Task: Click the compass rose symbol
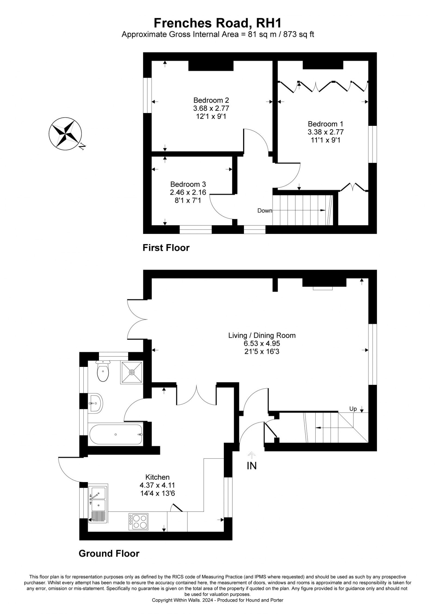(65, 133)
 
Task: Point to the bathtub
(116, 434)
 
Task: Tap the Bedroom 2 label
(211, 100)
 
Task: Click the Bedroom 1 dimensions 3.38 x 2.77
(325, 132)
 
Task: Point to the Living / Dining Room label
(262, 335)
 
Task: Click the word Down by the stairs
(265, 210)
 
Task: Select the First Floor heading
(166, 248)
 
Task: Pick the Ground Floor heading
(109, 553)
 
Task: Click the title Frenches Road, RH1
(217, 23)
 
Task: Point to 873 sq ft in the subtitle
(295, 35)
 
